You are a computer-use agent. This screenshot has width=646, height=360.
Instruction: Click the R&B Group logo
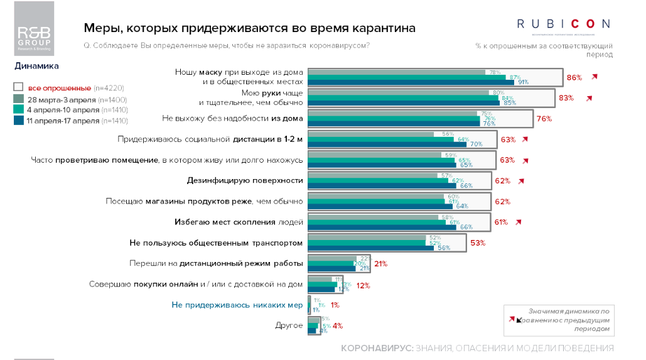[34, 37]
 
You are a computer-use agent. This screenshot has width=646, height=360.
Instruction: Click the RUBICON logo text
[563, 24]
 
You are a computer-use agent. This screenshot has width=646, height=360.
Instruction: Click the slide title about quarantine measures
[249, 28]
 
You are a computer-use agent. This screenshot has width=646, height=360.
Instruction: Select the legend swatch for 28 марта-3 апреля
[18, 99]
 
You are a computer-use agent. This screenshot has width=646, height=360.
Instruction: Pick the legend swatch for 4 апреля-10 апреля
[18, 110]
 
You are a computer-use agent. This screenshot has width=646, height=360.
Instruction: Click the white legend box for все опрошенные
[18, 88]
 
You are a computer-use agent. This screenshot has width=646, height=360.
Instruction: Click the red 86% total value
[574, 78]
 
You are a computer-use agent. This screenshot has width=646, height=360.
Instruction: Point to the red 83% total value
[567, 98]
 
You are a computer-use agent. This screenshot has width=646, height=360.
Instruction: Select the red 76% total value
[544, 119]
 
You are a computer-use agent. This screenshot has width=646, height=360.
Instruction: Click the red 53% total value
[478, 243]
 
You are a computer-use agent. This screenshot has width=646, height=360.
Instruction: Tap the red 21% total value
[380, 264]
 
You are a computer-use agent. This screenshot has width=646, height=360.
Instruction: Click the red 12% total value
[363, 285]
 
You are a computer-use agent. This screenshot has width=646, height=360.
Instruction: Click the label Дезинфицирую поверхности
[245, 181]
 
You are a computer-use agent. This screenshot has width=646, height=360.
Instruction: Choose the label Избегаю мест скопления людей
[239, 222]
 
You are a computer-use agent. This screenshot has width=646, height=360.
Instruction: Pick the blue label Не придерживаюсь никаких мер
[237, 305]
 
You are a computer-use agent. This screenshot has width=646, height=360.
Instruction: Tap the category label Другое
[289, 326]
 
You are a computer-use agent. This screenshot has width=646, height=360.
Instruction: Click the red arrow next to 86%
[595, 77]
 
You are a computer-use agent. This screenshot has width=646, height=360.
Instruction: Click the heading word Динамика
[36, 65]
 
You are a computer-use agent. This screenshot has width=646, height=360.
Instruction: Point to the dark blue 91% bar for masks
[411, 82]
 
